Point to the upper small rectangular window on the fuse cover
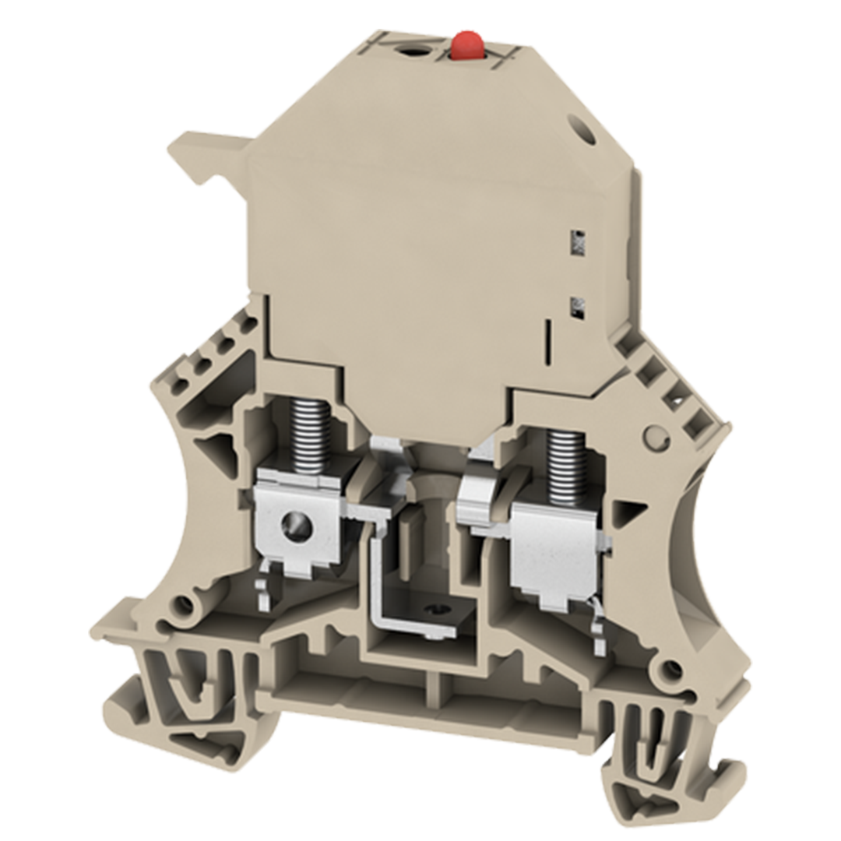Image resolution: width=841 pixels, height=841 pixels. pyautogui.click(x=578, y=245)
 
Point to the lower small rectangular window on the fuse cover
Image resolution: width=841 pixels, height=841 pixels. pyautogui.click(x=579, y=305)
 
